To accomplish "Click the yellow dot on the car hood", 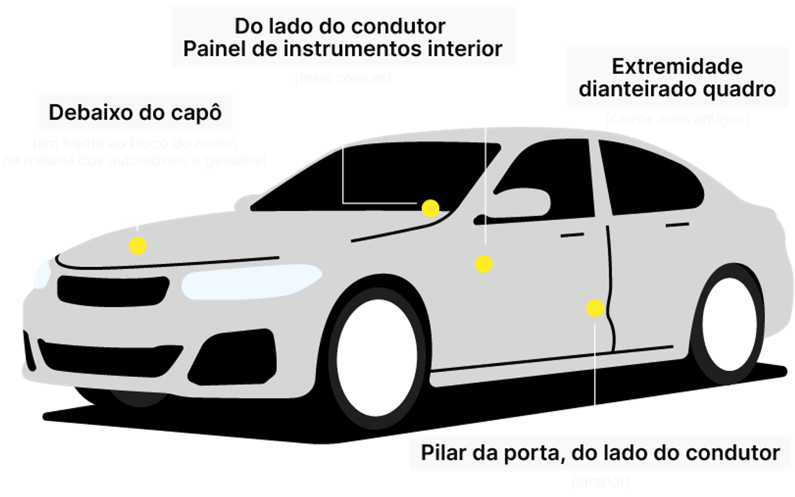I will pos(137,246).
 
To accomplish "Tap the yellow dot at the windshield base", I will pos(430,209).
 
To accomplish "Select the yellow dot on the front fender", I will pos(483,264).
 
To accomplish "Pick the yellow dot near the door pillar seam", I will pos(595,308).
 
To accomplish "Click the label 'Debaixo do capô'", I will pos(135,113).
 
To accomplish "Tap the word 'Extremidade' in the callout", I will pos(677,67).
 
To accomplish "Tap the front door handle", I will pos(572,235).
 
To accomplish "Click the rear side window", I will pos(650,178).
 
